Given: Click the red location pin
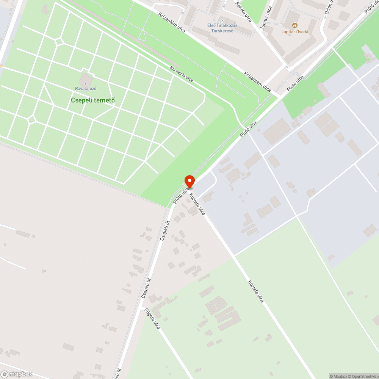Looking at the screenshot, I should point(189,181).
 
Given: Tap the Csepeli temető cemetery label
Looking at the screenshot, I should point(93,100).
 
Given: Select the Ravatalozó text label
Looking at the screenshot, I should point(86,89).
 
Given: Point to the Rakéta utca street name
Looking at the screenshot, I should point(244,11).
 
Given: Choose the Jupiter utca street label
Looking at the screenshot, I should point(267,18).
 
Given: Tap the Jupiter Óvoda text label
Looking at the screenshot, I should point(294,31).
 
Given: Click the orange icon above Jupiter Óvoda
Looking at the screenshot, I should point(294,25).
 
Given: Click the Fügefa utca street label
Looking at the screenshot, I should point(152,318).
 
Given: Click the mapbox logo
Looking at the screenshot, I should point(17,374).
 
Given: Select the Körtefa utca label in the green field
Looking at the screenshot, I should point(256,291).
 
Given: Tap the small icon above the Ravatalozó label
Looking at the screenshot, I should point(86,83).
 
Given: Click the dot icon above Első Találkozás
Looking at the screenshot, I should point(222,20).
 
